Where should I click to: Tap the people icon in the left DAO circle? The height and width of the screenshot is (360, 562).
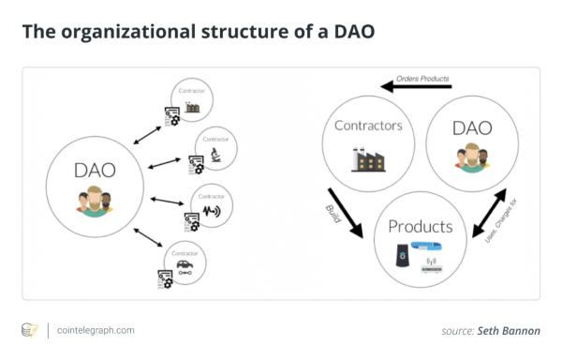[x=93, y=202]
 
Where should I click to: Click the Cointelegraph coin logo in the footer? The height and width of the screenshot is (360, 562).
[x=29, y=330]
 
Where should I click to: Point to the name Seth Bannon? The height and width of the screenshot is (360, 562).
[x=510, y=331]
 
